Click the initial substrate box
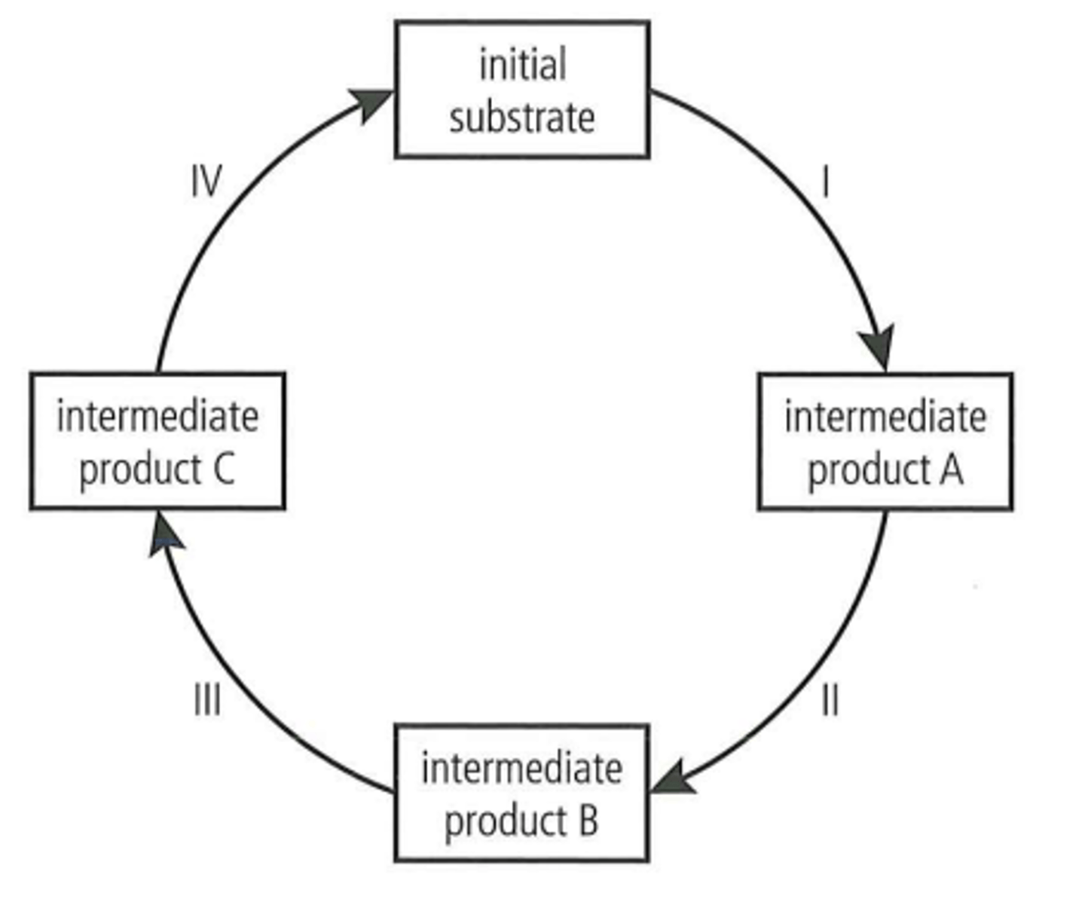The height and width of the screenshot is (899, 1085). pyautogui.click(x=522, y=90)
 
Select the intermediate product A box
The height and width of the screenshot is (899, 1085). pyautogui.click(x=885, y=442)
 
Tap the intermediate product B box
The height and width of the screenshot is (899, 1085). pyautogui.click(x=521, y=793)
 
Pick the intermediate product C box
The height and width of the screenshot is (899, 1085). pyautogui.click(x=157, y=442)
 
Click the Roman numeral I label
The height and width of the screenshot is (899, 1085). pyautogui.click(x=827, y=182)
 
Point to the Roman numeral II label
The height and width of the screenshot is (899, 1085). pyautogui.click(x=830, y=701)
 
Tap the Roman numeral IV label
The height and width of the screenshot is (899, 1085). pyautogui.click(x=206, y=182)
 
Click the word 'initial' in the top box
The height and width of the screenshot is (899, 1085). pyautogui.click(x=523, y=65)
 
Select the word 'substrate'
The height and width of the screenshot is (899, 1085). pyautogui.click(x=522, y=118)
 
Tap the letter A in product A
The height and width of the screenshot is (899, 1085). pyautogui.click(x=951, y=469)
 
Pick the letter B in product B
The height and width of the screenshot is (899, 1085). pyautogui.click(x=588, y=821)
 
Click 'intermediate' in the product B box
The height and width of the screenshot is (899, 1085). pyautogui.click(x=521, y=769)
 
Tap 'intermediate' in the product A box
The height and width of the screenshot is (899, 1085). pyautogui.click(x=885, y=417)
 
